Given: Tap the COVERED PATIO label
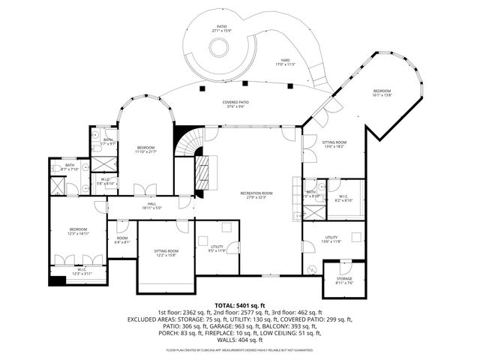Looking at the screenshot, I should pyautogui.click(x=235, y=102).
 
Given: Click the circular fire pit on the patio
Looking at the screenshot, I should pyautogui.click(x=219, y=49).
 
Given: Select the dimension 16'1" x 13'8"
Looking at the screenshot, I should pyautogui.click(x=382, y=95).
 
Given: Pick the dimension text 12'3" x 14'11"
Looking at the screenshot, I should pyautogui.click(x=79, y=234).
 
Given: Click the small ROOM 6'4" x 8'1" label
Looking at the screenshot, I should pyautogui.click(x=122, y=238).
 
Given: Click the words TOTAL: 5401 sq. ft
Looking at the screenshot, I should pyautogui.click(x=239, y=305).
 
